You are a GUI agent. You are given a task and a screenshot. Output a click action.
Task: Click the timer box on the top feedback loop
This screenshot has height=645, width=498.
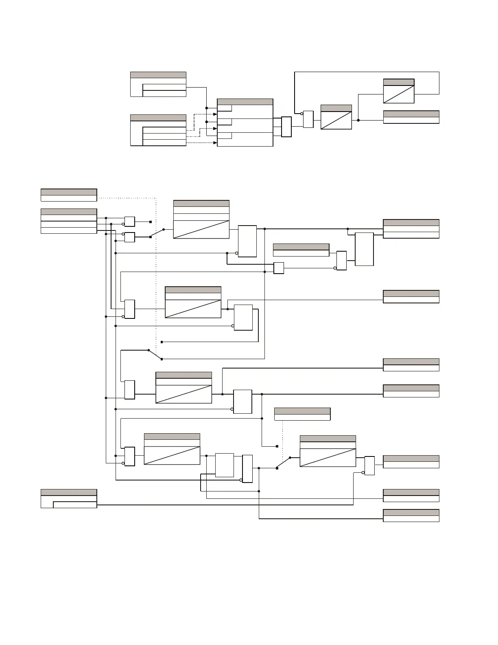399,91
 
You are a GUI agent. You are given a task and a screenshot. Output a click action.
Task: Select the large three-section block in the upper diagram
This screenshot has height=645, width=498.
245,122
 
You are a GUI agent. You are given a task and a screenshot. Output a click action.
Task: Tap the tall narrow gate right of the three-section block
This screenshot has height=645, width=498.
286,127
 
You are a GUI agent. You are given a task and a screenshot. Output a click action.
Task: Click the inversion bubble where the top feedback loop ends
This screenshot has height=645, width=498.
301,114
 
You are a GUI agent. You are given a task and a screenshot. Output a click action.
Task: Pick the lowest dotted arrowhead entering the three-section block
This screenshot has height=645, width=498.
215,143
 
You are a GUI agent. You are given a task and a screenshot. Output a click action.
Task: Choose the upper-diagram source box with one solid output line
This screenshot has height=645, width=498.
158,84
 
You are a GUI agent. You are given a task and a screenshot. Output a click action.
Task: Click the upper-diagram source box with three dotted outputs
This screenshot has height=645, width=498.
158,130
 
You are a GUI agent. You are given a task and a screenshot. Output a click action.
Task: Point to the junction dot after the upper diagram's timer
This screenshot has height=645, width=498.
358,120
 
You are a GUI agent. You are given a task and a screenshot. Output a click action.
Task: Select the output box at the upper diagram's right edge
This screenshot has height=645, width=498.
411,117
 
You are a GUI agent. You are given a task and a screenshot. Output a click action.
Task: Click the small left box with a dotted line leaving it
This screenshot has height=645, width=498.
69,195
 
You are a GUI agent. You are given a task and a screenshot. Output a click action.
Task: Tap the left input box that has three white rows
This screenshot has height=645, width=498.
69,221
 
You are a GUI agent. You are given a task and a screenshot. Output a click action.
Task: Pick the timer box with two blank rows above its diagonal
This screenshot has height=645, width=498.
201,219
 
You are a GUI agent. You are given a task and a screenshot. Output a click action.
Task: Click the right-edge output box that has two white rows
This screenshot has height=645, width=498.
411,229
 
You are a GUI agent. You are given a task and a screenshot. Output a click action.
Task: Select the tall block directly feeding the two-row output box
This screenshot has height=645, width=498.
364,249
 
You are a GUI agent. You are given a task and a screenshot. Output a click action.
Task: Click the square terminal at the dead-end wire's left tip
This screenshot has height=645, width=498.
162,342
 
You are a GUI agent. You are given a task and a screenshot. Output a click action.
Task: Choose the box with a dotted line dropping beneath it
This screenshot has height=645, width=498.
302,414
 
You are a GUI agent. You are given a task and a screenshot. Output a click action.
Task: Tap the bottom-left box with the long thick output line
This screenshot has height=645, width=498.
69,499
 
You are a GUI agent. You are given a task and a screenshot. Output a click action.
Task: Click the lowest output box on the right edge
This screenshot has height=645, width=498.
411,516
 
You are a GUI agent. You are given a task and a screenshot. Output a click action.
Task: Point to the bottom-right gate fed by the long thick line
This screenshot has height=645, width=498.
369,466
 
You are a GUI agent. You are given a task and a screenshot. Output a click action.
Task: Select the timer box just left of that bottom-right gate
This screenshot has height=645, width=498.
328,451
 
